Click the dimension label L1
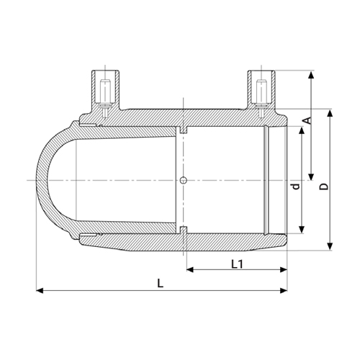tap(237, 264)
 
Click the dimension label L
tap(161, 284)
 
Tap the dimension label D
tap(324, 186)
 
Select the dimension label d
tap(297, 186)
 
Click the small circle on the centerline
tap(184, 180)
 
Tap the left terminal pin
tap(106, 96)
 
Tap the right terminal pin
tap(261, 96)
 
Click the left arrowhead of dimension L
tap(40, 291)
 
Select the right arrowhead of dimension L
tap(284, 291)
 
